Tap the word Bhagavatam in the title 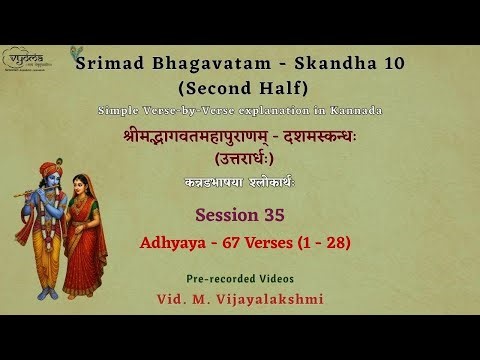point(199,65)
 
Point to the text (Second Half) point(251,88)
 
